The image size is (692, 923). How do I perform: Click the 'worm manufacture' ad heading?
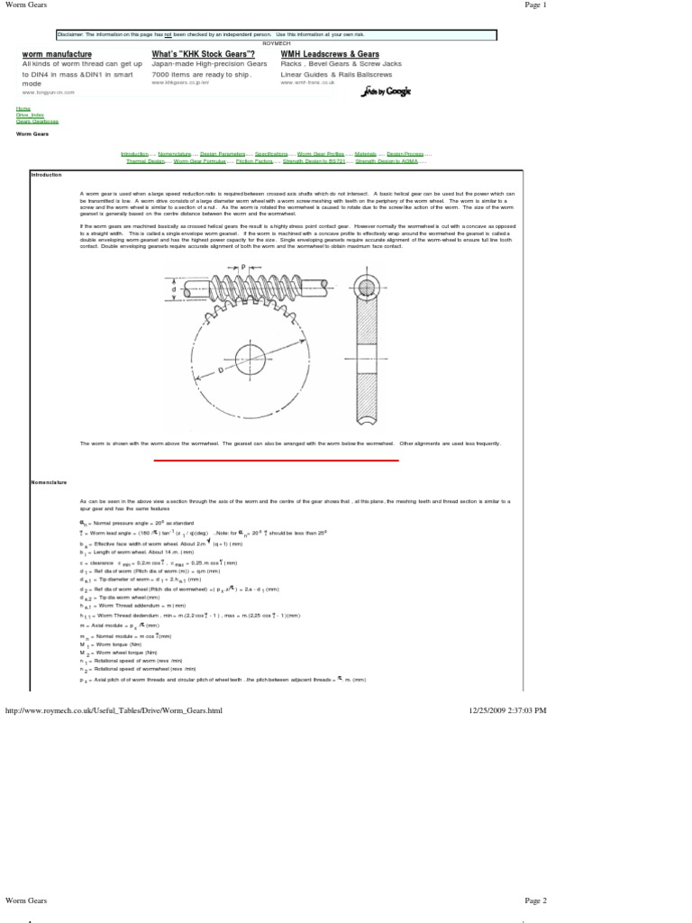(x=57, y=55)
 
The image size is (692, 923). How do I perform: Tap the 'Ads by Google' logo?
(x=384, y=92)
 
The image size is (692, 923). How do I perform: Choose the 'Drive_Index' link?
(x=30, y=114)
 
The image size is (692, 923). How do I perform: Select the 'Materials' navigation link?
(x=365, y=154)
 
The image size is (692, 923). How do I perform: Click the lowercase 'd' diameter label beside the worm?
(x=189, y=288)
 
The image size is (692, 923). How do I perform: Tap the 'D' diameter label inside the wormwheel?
(x=221, y=370)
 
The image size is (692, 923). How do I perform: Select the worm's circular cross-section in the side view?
(x=365, y=288)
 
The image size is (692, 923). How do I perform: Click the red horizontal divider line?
(x=276, y=460)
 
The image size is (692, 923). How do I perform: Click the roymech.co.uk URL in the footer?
(x=114, y=710)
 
